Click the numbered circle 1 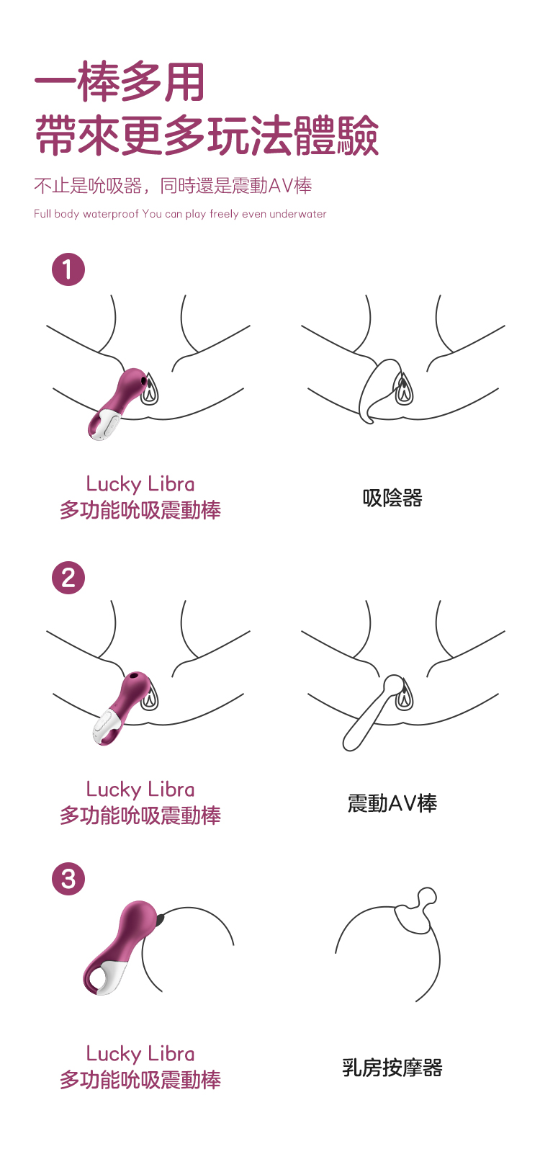(x=68, y=269)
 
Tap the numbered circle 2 (x=68, y=577)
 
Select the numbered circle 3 (x=68, y=879)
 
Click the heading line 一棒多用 (x=120, y=82)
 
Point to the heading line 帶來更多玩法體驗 (x=207, y=135)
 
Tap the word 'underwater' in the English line (x=298, y=214)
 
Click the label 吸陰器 (x=392, y=498)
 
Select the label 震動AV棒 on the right (x=392, y=802)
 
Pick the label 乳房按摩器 (x=392, y=1068)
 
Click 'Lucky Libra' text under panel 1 (x=140, y=484)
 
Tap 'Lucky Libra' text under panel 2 (x=140, y=790)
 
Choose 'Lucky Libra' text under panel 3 (x=140, y=1053)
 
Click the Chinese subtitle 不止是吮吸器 (x=88, y=185)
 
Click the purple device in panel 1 (x=117, y=403)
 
